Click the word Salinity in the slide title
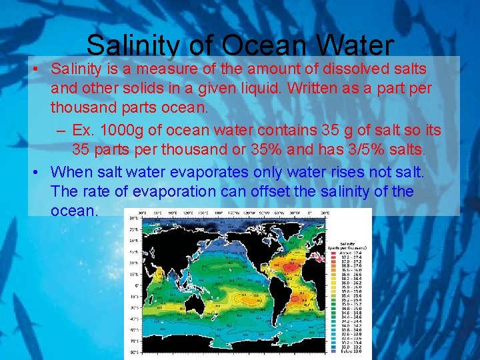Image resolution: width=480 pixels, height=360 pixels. click(132, 46)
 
